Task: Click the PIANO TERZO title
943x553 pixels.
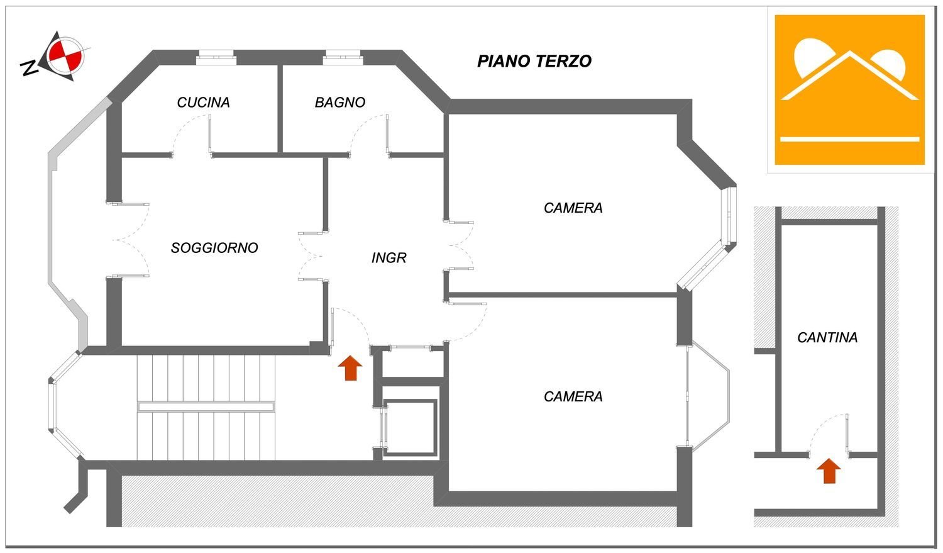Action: click(534, 61)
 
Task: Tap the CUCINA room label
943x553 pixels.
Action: click(203, 103)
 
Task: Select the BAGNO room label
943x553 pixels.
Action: click(339, 103)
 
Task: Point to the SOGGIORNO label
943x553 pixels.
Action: click(214, 248)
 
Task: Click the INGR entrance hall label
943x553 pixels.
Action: click(389, 258)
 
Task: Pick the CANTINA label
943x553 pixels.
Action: click(827, 338)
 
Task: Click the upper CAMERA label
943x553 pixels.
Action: click(573, 208)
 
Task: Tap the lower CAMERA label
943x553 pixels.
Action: click(573, 396)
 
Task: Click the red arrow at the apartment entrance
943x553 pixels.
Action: click(350, 368)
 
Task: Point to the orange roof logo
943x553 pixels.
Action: click(849, 90)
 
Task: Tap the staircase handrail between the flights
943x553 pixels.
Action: click(206, 407)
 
